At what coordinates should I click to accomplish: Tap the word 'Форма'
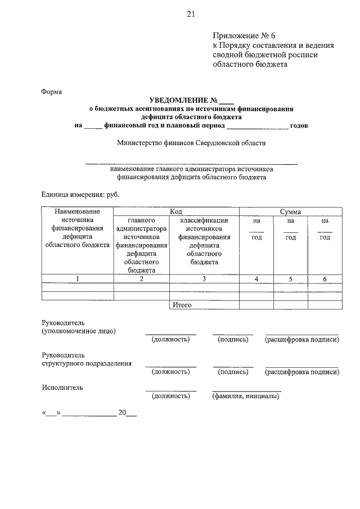(52, 91)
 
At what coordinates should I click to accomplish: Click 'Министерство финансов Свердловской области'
(191, 143)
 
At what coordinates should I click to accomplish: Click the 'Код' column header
(176, 211)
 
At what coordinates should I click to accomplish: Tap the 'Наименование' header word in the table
(78, 211)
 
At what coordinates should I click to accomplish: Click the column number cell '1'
(78, 278)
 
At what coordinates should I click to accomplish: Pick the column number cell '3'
(204, 278)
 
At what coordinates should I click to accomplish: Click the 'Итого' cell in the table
(182, 305)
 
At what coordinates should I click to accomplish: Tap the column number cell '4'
(256, 278)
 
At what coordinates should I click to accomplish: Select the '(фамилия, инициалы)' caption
(245, 396)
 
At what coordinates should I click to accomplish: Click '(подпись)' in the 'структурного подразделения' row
(233, 372)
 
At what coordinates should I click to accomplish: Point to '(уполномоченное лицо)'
(79, 331)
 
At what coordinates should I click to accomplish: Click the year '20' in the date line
(121, 412)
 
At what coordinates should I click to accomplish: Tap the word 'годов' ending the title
(299, 125)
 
